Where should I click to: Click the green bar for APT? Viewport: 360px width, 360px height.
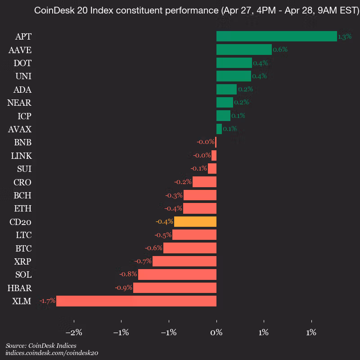tap(276, 36)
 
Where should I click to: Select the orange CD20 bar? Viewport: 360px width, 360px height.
tap(195, 222)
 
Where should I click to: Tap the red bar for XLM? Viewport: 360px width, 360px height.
tap(136, 301)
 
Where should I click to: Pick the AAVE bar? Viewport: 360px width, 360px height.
tap(244, 49)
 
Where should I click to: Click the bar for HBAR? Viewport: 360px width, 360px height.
tap(175, 288)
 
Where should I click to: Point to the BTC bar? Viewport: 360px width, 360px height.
tap(190, 248)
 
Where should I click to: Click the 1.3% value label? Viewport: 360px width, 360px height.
tap(344, 37)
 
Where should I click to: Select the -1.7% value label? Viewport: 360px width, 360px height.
tap(47, 301)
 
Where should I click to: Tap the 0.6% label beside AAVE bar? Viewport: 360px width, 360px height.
tap(280, 49)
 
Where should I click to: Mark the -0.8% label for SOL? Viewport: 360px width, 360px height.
tap(128, 274)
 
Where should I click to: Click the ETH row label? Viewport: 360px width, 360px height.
tap(22, 209)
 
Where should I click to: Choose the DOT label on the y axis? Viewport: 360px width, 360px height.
tap(22, 63)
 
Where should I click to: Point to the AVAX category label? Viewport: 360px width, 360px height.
tap(20, 130)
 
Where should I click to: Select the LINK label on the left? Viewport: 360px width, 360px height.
tap(21, 156)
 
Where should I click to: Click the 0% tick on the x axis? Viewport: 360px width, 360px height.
tap(216, 333)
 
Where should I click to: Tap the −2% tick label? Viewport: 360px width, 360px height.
tap(74, 333)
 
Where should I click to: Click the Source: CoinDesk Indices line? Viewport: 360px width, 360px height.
tap(41, 346)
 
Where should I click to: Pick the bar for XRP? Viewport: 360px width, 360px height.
tap(184, 261)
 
